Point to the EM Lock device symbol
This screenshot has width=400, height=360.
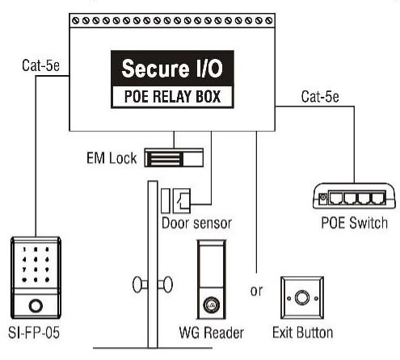tap(174, 157)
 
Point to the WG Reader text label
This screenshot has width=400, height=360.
tap(213, 332)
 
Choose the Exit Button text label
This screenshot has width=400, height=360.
tap(303, 332)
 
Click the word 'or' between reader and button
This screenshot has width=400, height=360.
tap(257, 291)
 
